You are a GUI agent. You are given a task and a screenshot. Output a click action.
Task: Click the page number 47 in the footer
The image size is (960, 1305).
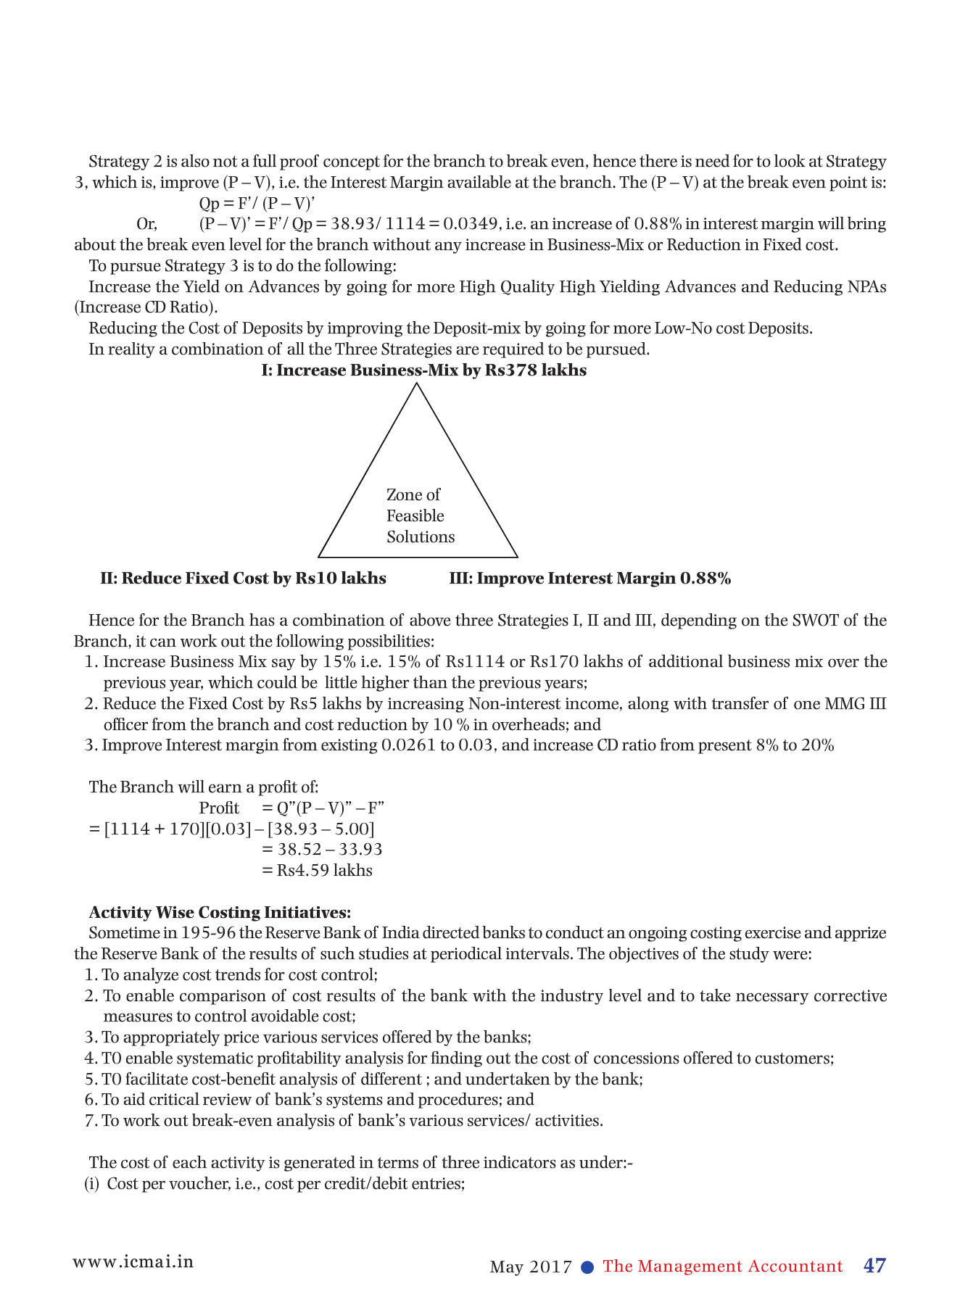click(x=874, y=1266)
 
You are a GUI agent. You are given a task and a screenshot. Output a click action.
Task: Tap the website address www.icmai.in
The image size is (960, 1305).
click(x=133, y=1261)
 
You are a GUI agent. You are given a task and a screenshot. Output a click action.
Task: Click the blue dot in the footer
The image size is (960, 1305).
click(x=588, y=1267)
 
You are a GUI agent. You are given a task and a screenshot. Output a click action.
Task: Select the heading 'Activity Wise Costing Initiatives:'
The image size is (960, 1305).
click(x=220, y=912)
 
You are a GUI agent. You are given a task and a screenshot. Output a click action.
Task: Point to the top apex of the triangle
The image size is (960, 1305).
click(x=417, y=384)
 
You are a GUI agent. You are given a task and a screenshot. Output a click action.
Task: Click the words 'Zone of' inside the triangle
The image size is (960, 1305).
click(x=413, y=495)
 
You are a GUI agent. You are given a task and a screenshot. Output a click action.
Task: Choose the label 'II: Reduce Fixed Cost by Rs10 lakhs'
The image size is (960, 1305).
click(x=243, y=579)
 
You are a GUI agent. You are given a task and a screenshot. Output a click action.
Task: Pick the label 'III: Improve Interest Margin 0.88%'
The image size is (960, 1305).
click(x=590, y=579)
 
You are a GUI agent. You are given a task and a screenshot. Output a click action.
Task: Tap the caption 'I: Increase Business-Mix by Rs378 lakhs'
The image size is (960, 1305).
click(x=424, y=370)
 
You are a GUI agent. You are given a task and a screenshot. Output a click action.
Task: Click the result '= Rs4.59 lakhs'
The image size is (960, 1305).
click(x=317, y=871)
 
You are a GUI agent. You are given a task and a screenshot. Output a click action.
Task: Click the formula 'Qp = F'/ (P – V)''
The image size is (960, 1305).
click(x=256, y=203)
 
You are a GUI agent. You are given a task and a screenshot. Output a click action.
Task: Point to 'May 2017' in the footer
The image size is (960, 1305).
click(x=531, y=1267)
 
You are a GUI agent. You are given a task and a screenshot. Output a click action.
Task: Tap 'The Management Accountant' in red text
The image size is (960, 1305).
click(x=723, y=1267)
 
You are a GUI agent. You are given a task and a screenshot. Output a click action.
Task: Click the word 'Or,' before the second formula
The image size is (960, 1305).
click(x=147, y=224)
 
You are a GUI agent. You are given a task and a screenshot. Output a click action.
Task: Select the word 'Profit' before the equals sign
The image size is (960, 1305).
click(x=219, y=808)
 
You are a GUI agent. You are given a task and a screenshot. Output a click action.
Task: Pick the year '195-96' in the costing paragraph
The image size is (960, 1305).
click(x=206, y=933)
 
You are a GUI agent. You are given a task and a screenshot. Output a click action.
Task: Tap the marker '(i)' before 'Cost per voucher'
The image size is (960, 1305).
click(x=91, y=1184)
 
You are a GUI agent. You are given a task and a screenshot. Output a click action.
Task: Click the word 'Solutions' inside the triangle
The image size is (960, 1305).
click(x=421, y=537)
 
